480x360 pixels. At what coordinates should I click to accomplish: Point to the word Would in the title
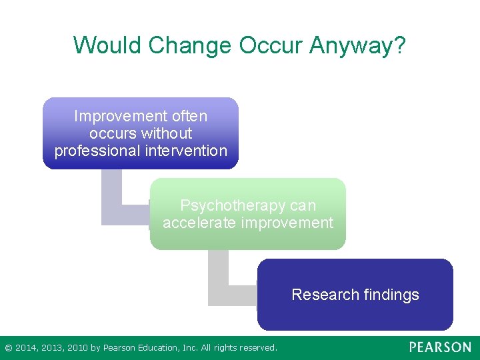[x=108, y=45]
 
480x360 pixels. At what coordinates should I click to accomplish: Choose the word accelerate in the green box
[x=199, y=223]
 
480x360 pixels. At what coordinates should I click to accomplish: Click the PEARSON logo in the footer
[x=440, y=347]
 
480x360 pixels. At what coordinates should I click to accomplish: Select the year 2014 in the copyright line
[x=27, y=348]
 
